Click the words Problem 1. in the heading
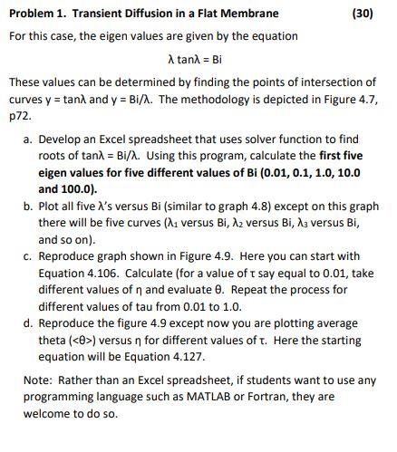37,13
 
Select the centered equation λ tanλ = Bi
196,59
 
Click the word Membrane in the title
249,13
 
